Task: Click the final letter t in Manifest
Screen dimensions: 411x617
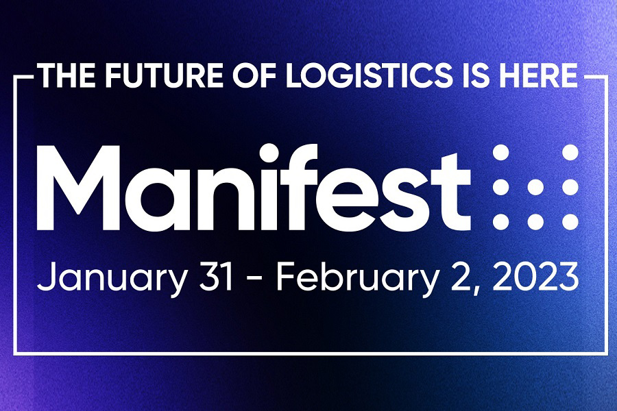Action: point(456,188)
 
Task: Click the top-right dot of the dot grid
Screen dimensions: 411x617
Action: point(570,153)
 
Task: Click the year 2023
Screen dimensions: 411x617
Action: point(534,277)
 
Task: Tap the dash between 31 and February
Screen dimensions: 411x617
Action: point(252,279)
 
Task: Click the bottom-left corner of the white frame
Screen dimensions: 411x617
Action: point(15,353)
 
